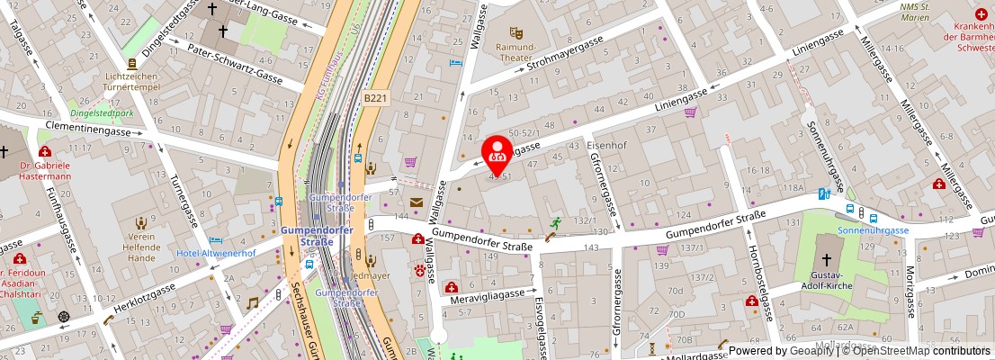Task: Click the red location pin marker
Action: tap(497, 154)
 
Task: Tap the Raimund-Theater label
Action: tap(515, 51)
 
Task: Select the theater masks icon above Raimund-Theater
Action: tap(515, 32)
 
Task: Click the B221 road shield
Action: tap(376, 97)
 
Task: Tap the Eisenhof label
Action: tap(605, 144)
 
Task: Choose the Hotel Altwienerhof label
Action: tap(216, 254)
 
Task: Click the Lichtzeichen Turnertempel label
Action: tap(131, 83)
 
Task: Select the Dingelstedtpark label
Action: tap(101, 114)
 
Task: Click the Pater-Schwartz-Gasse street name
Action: tap(235, 63)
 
